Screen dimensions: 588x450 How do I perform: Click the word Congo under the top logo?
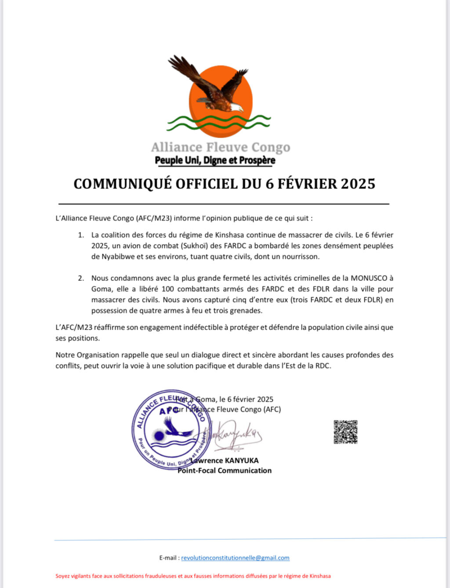point(271,147)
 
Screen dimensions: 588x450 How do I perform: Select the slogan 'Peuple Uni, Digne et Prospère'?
point(215,160)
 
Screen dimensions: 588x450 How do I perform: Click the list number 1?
point(80,235)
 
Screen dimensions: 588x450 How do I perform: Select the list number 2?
point(80,278)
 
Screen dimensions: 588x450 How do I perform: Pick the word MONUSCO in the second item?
point(369,278)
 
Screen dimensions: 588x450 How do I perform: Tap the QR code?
point(345,432)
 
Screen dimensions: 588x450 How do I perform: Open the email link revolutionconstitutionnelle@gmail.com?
point(235,558)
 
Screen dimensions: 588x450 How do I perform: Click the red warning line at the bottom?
point(193,576)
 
